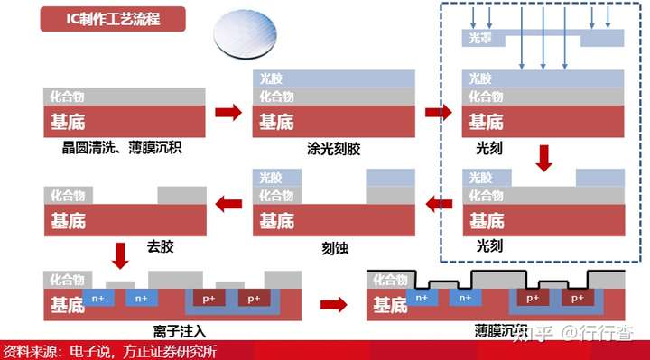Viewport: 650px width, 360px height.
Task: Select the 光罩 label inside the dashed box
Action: (479, 38)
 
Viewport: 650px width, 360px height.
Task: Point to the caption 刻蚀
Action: (334, 245)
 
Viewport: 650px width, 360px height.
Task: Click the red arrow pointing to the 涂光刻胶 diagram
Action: (229, 113)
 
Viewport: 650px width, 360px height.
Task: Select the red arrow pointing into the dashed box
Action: (438, 113)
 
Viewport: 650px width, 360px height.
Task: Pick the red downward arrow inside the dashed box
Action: (543, 159)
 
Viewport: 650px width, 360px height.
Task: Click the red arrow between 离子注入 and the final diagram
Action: (333, 304)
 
